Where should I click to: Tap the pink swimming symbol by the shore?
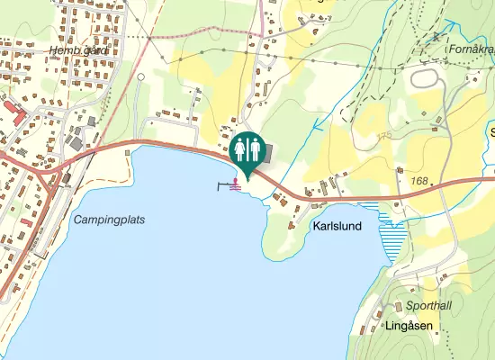(x=236, y=184)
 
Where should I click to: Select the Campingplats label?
(x=109, y=220)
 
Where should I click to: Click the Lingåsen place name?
(x=409, y=325)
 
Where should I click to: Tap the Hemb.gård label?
(x=79, y=50)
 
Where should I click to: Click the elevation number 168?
(x=418, y=182)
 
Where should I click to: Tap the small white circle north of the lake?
(x=140, y=77)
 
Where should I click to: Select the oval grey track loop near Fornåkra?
(x=429, y=78)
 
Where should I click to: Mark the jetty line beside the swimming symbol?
(x=224, y=186)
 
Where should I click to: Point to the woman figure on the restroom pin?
(x=239, y=148)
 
